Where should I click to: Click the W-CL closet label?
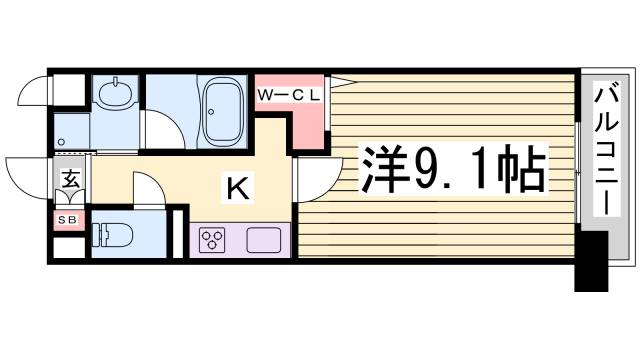pyautogui.click(x=289, y=95)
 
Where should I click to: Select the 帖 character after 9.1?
pyautogui.click(x=521, y=172)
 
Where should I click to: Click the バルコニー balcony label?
pyautogui.click(x=606, y=151)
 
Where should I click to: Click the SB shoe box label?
pyautogui.click(x=71, y=218)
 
